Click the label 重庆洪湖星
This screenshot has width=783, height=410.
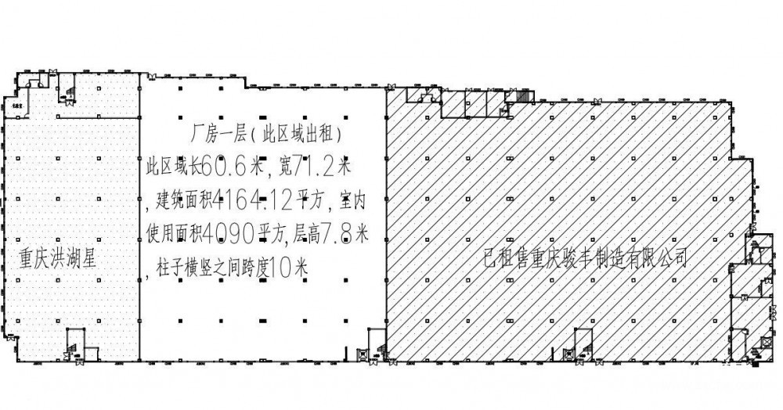tap(58, 258)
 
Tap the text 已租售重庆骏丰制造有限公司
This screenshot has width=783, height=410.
tap(586, 256)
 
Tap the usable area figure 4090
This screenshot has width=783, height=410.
tap(228, 233)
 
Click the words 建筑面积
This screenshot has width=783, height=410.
tap(180, 199)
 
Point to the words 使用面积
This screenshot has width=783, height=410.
tap(173, 233)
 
